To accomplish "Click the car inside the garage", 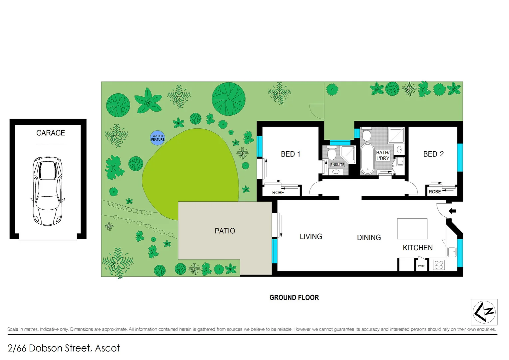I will (47, 191).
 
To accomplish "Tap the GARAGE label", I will (51, 133).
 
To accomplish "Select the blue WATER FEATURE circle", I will (158, 138).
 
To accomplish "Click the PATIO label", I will (225, 231).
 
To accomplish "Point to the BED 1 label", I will (290, 154).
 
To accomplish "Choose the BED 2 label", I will (433, 154).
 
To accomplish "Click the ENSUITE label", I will (337, 165).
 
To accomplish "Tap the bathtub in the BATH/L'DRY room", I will (367, 159).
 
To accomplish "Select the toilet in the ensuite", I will (331, 154).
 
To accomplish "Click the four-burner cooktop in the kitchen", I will (439, 265).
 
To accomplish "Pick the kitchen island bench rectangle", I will (412, 229).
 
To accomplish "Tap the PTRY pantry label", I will (421, 266).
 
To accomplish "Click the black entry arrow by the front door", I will (452, 211).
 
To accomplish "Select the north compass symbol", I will (484, 312).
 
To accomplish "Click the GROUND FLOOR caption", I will (294, 297).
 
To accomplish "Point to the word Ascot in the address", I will (107, 348).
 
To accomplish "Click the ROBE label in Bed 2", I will (435, 192).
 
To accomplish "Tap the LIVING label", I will (311, 237).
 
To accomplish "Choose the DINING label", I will (369, 238).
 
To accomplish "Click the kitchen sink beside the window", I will (452, 252).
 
